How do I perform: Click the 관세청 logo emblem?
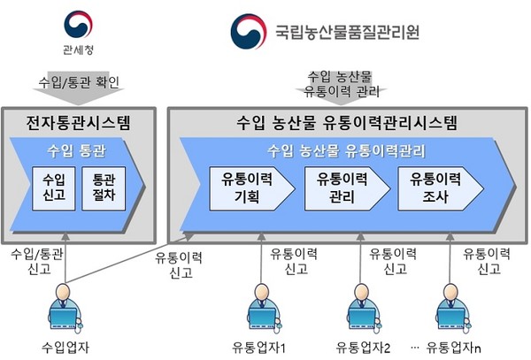tap(78, 25)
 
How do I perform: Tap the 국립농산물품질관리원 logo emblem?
tap(249, 32)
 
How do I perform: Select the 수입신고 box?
tap(54, 188)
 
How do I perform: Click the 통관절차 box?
tap(104, 188)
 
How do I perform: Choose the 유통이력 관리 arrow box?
tap(347, 188)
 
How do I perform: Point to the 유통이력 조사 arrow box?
tap(440, 188)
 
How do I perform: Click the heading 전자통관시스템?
tap(78, 122)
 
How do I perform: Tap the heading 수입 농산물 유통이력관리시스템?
tap(347, 122)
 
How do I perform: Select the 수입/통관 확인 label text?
tap(79, 82)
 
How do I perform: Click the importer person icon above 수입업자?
tap(65, 309)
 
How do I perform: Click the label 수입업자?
tap(65, 348)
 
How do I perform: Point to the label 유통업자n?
tap(454, 348)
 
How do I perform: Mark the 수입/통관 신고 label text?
tap(37, 261)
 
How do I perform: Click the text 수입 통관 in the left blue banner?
tap(76, 151)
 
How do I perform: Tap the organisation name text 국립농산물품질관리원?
tap(348, 33)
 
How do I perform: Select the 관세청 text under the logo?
tap(78, 50)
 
